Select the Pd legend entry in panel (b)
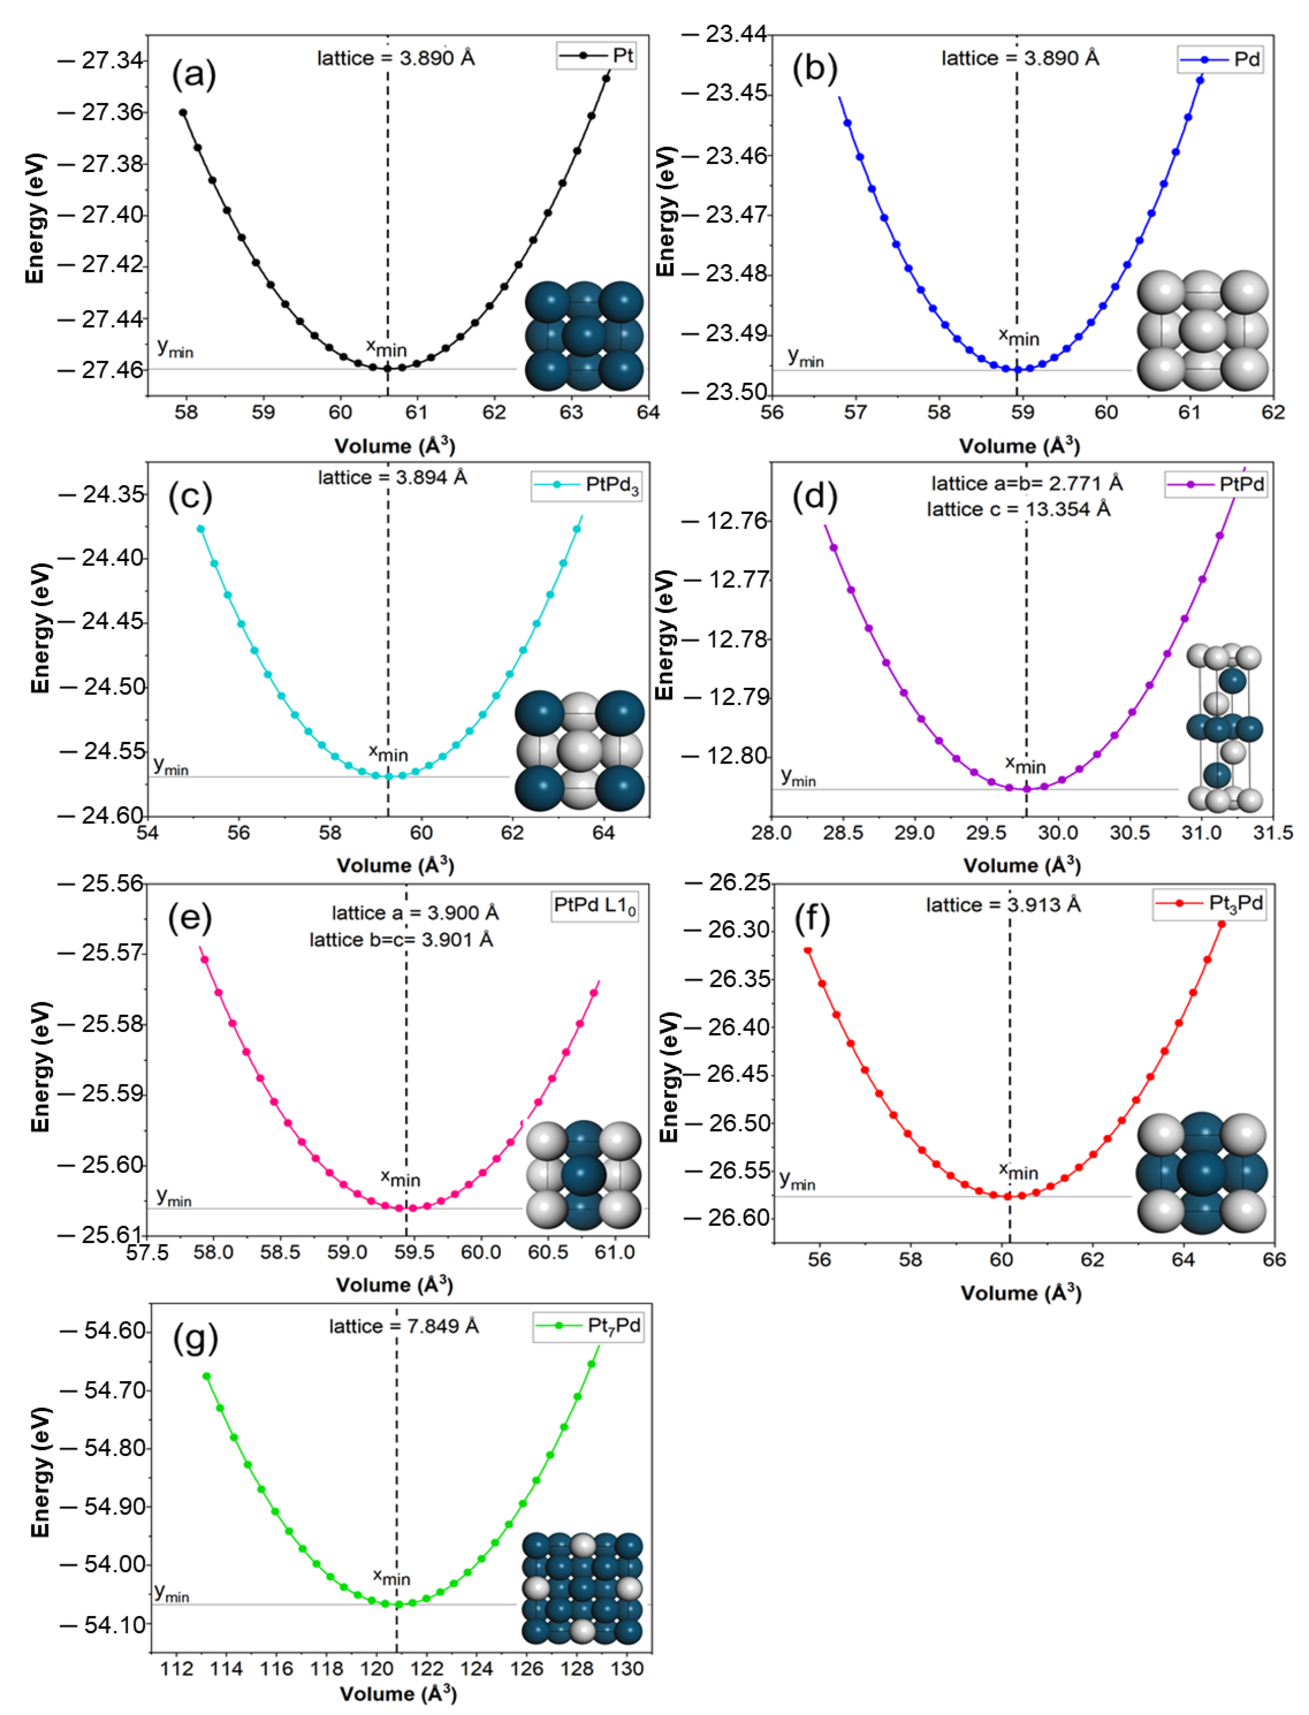(1220, 60)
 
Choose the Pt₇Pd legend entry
(588, 1325)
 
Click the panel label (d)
(814, 496)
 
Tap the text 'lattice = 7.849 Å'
(403, 1325)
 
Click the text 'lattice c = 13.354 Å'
(1018, 509)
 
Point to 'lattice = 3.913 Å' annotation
(1003, 905)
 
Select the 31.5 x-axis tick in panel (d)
(1272, 833)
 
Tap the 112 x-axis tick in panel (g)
(177, 1668)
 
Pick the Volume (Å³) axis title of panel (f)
(1021, 1293)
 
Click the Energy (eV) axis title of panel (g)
(40, 1472)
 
